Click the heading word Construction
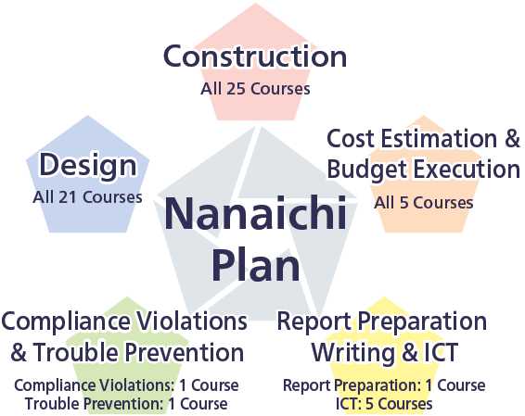click(255, 57)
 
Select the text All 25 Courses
click(255, 90)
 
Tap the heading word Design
click(89, 167)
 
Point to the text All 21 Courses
click(87, 196)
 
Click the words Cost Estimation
click(412, 139)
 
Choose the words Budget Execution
click(423, 170)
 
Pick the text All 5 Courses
click(423, 202)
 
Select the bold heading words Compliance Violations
click(124, 321)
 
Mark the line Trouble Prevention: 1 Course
click(125, 403)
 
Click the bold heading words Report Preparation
click(382, 321)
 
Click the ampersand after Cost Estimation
click(511, 139)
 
